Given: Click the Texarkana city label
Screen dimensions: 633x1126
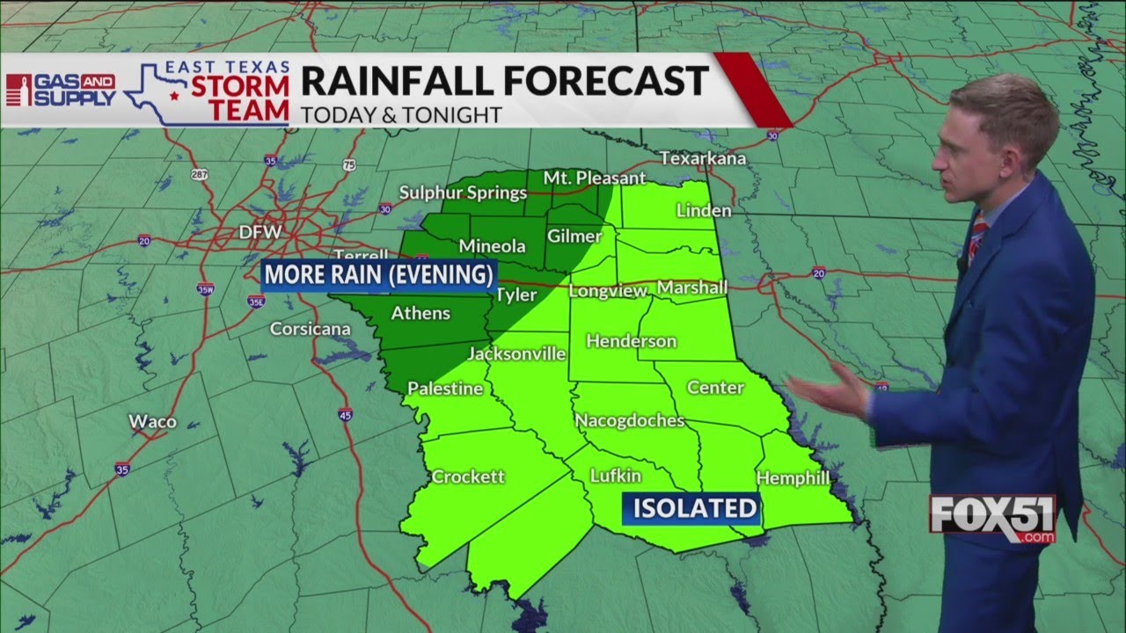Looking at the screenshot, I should [704, 159].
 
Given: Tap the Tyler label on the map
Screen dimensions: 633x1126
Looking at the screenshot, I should [516, 295].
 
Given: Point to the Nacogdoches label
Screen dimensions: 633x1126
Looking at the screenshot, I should [629, 421].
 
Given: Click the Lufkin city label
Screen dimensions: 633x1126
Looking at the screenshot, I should [616, 476].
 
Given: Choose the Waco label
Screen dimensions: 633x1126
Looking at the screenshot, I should [152, 422].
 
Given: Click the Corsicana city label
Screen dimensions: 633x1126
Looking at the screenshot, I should [310, 330].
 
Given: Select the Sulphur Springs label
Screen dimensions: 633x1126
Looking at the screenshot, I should [463, 193].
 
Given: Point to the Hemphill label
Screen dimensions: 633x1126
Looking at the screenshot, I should [793, 478].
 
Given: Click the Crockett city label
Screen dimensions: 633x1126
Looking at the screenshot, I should [468, 477].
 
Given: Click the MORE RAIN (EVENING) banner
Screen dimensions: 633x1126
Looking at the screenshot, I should [379, 275].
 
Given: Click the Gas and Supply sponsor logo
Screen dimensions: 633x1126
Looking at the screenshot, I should [62, 90].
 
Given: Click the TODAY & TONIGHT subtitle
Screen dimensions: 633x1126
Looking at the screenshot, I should [401, 115].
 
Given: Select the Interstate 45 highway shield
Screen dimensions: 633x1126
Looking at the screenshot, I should [345, 414].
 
